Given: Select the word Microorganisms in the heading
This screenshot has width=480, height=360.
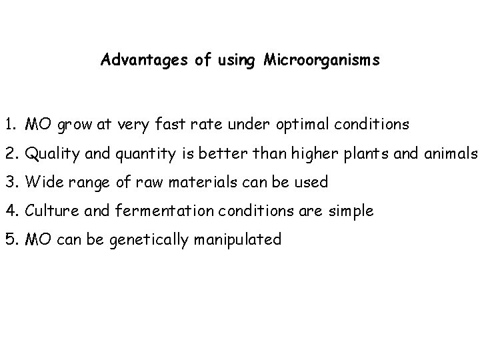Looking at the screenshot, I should tap(321, 61).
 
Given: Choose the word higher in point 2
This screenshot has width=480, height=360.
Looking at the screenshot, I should tap(314, 153).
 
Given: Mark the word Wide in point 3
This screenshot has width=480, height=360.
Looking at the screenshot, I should tap(40, 182).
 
